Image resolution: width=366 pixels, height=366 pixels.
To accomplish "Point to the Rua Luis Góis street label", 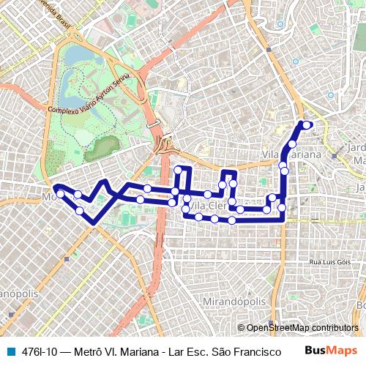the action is pyautogui.click(x=330, y=261).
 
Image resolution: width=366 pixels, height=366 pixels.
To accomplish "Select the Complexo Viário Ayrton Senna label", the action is pyautogui.click(x=89, y=94).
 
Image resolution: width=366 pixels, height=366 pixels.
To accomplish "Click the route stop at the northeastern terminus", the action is pyautogui.click(x=306, y=124).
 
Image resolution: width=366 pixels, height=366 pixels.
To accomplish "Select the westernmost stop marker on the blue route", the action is pyautogui.click(x=58, y=192).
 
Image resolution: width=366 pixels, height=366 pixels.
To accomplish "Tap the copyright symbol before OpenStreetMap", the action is pyautogui.click(x=241, y=328).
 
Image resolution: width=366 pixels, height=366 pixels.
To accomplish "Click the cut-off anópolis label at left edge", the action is pyautogui.click(x=16, y=293).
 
